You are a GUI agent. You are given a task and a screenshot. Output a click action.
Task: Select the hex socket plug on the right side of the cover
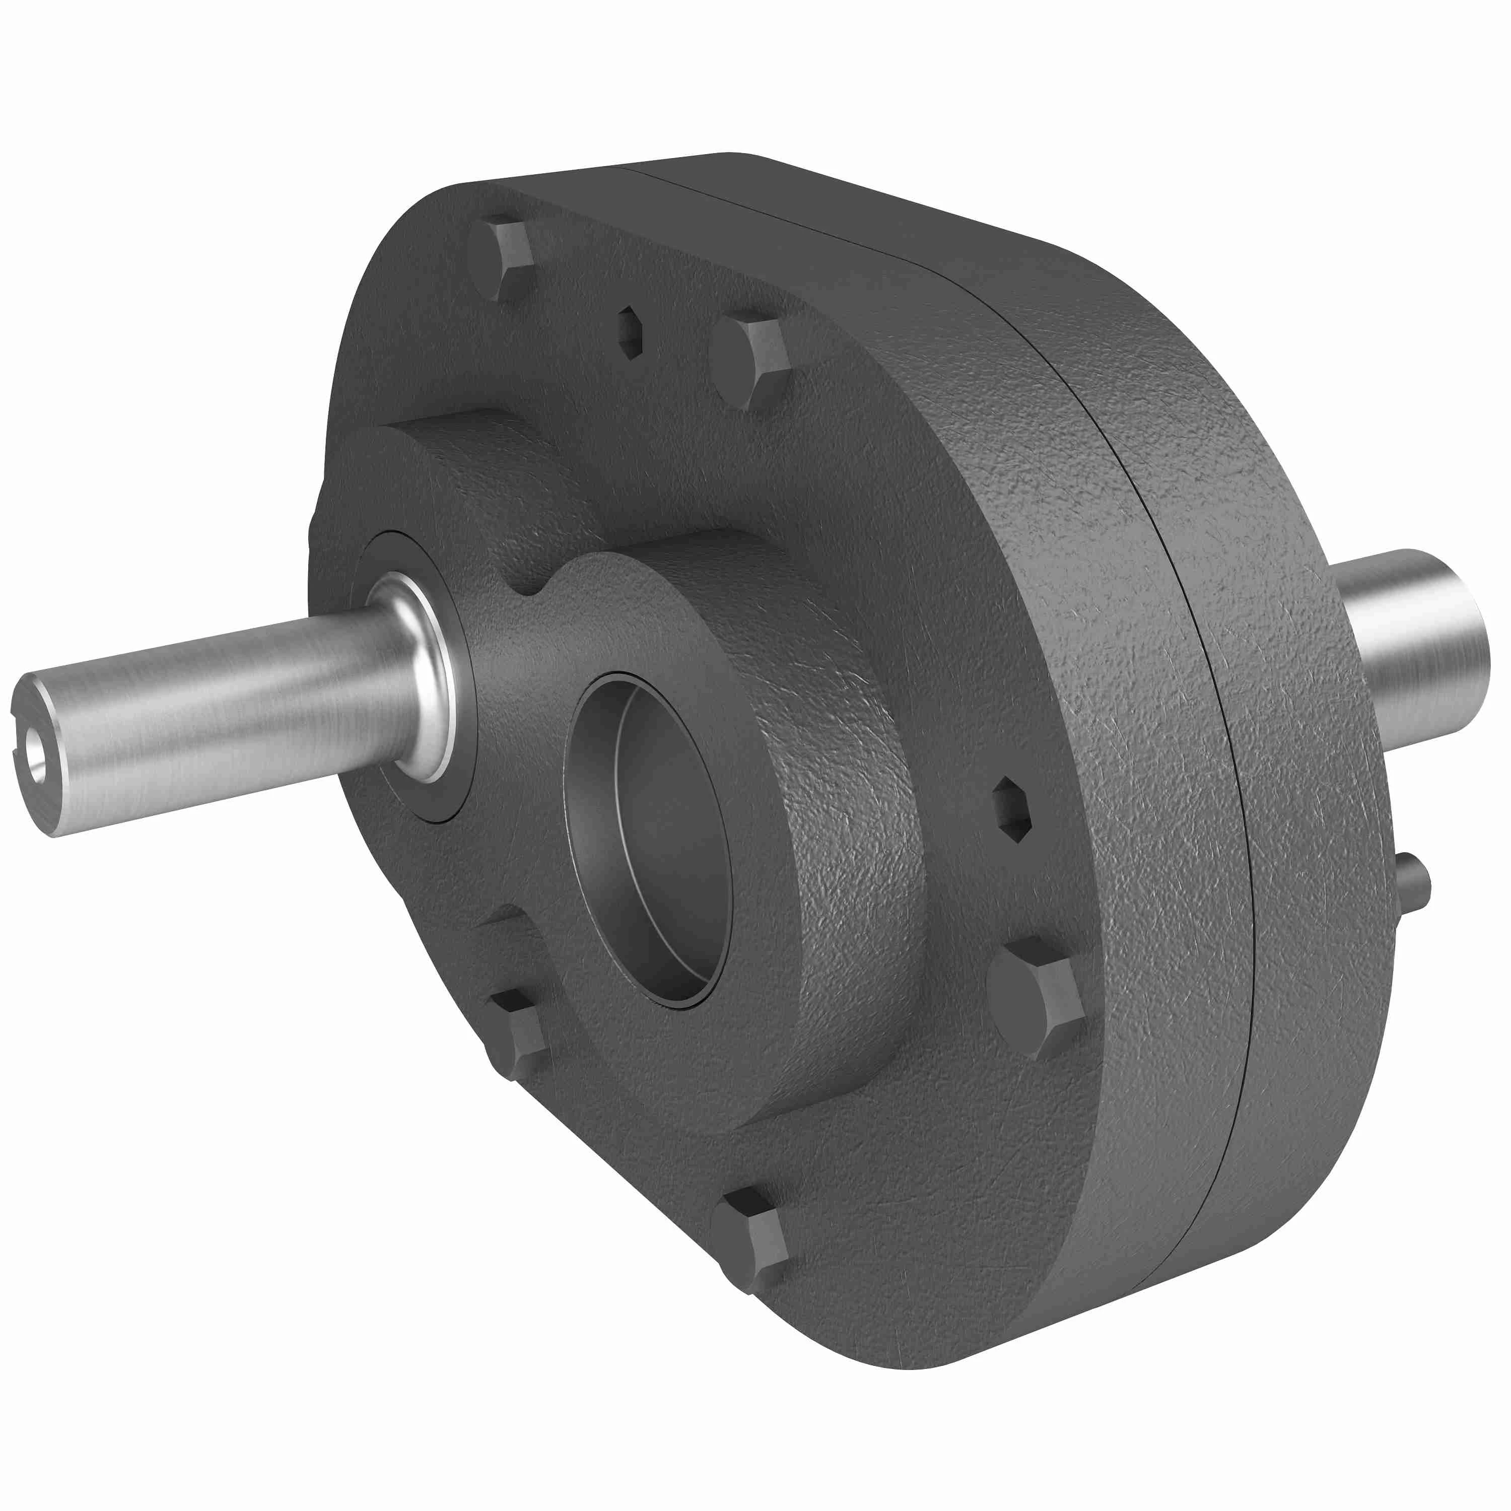[x=1013, y=809]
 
